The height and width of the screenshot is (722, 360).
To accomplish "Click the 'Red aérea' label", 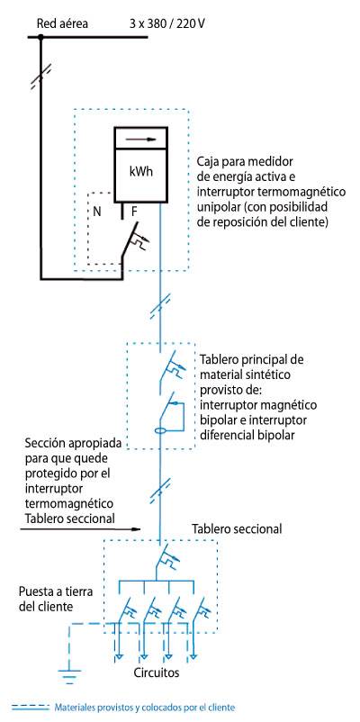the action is [62, 23].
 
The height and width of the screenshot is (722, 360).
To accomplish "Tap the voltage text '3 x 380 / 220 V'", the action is [167, 23].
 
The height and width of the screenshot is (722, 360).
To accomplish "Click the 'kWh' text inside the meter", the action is [141, 173].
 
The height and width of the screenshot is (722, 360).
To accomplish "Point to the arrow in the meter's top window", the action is [141, 138].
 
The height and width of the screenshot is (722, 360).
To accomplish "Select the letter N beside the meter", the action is [96, 212].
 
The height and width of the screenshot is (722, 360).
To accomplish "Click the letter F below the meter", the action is [134, 212].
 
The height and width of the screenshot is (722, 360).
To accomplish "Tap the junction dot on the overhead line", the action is [40, 36].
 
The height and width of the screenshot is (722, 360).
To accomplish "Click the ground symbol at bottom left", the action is [69, 675].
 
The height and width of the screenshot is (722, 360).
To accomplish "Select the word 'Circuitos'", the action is [157, 672].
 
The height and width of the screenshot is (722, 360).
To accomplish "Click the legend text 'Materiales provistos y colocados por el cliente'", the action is [145, 708].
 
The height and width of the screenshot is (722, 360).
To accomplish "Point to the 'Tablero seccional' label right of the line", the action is [237, 529].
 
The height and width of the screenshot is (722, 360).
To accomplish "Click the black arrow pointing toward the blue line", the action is [80, 529].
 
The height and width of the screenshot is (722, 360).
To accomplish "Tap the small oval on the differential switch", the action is [159, 431].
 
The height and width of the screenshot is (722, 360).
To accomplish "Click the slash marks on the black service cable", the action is [40, 77].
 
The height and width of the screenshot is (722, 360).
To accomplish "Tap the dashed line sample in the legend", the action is [31, 708].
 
